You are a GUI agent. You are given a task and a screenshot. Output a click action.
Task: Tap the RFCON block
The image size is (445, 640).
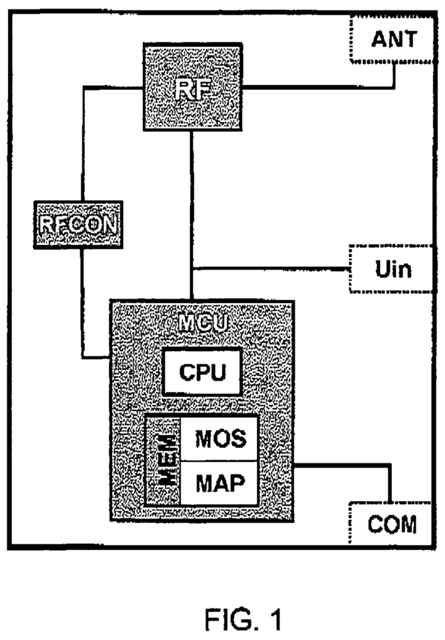click(79, 224)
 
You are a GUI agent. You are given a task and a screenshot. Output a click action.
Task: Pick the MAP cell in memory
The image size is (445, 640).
click(219, 483)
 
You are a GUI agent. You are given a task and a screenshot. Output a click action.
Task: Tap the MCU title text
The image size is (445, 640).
click(202, 323)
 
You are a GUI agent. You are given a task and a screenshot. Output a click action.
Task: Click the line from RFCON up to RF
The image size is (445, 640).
click(81, 144)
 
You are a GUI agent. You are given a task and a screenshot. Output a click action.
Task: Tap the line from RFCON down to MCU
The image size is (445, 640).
click(82, 300)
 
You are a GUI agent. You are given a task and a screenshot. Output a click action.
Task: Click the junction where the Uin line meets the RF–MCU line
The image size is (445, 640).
click(192, 269)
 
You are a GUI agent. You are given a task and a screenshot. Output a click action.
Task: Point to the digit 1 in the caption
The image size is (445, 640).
click(275, 621)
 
